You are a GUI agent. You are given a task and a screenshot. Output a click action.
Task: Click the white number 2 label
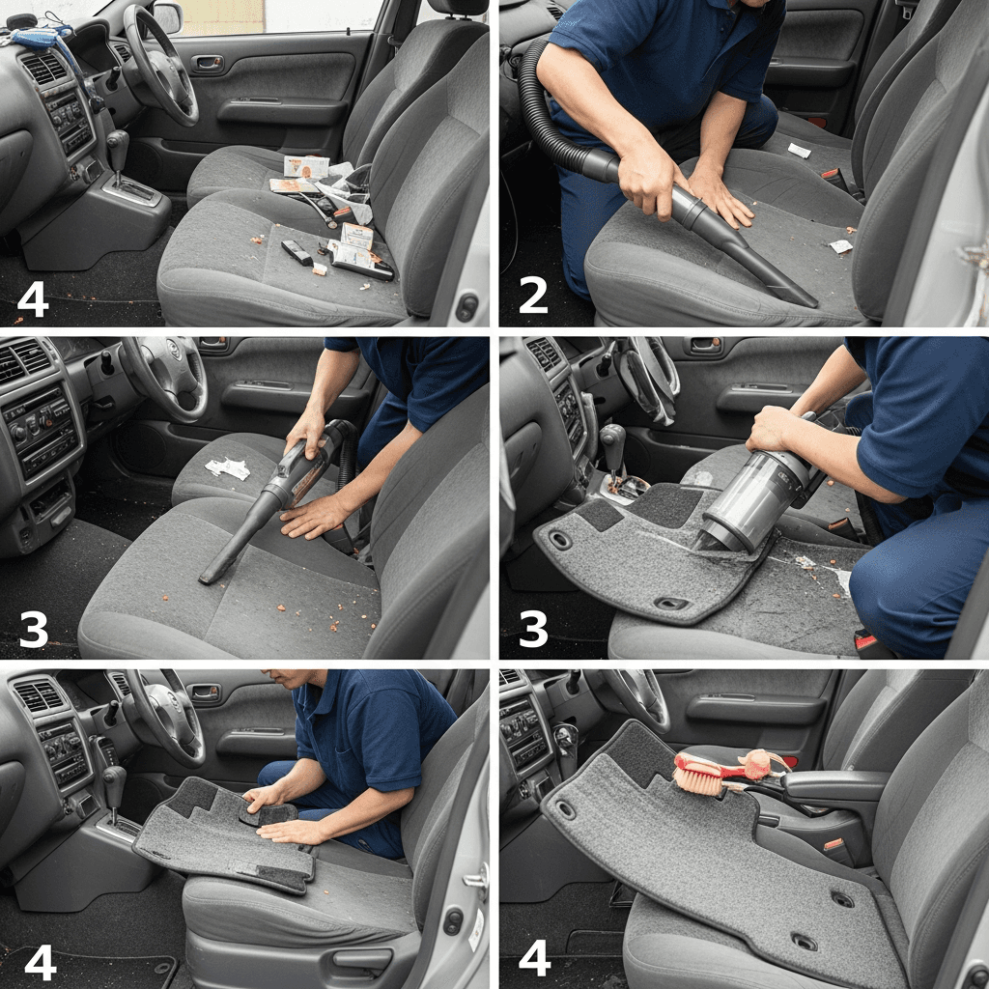click(533, 296)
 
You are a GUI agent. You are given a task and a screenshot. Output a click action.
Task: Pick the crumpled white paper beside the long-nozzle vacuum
click(228, 467)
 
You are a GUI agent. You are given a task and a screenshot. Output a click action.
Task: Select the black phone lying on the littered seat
click(297, 252)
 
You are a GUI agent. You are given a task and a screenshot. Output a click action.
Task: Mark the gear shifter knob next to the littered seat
click(117, 141)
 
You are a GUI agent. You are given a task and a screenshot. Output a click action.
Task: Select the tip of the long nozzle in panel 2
click(807, 300)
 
